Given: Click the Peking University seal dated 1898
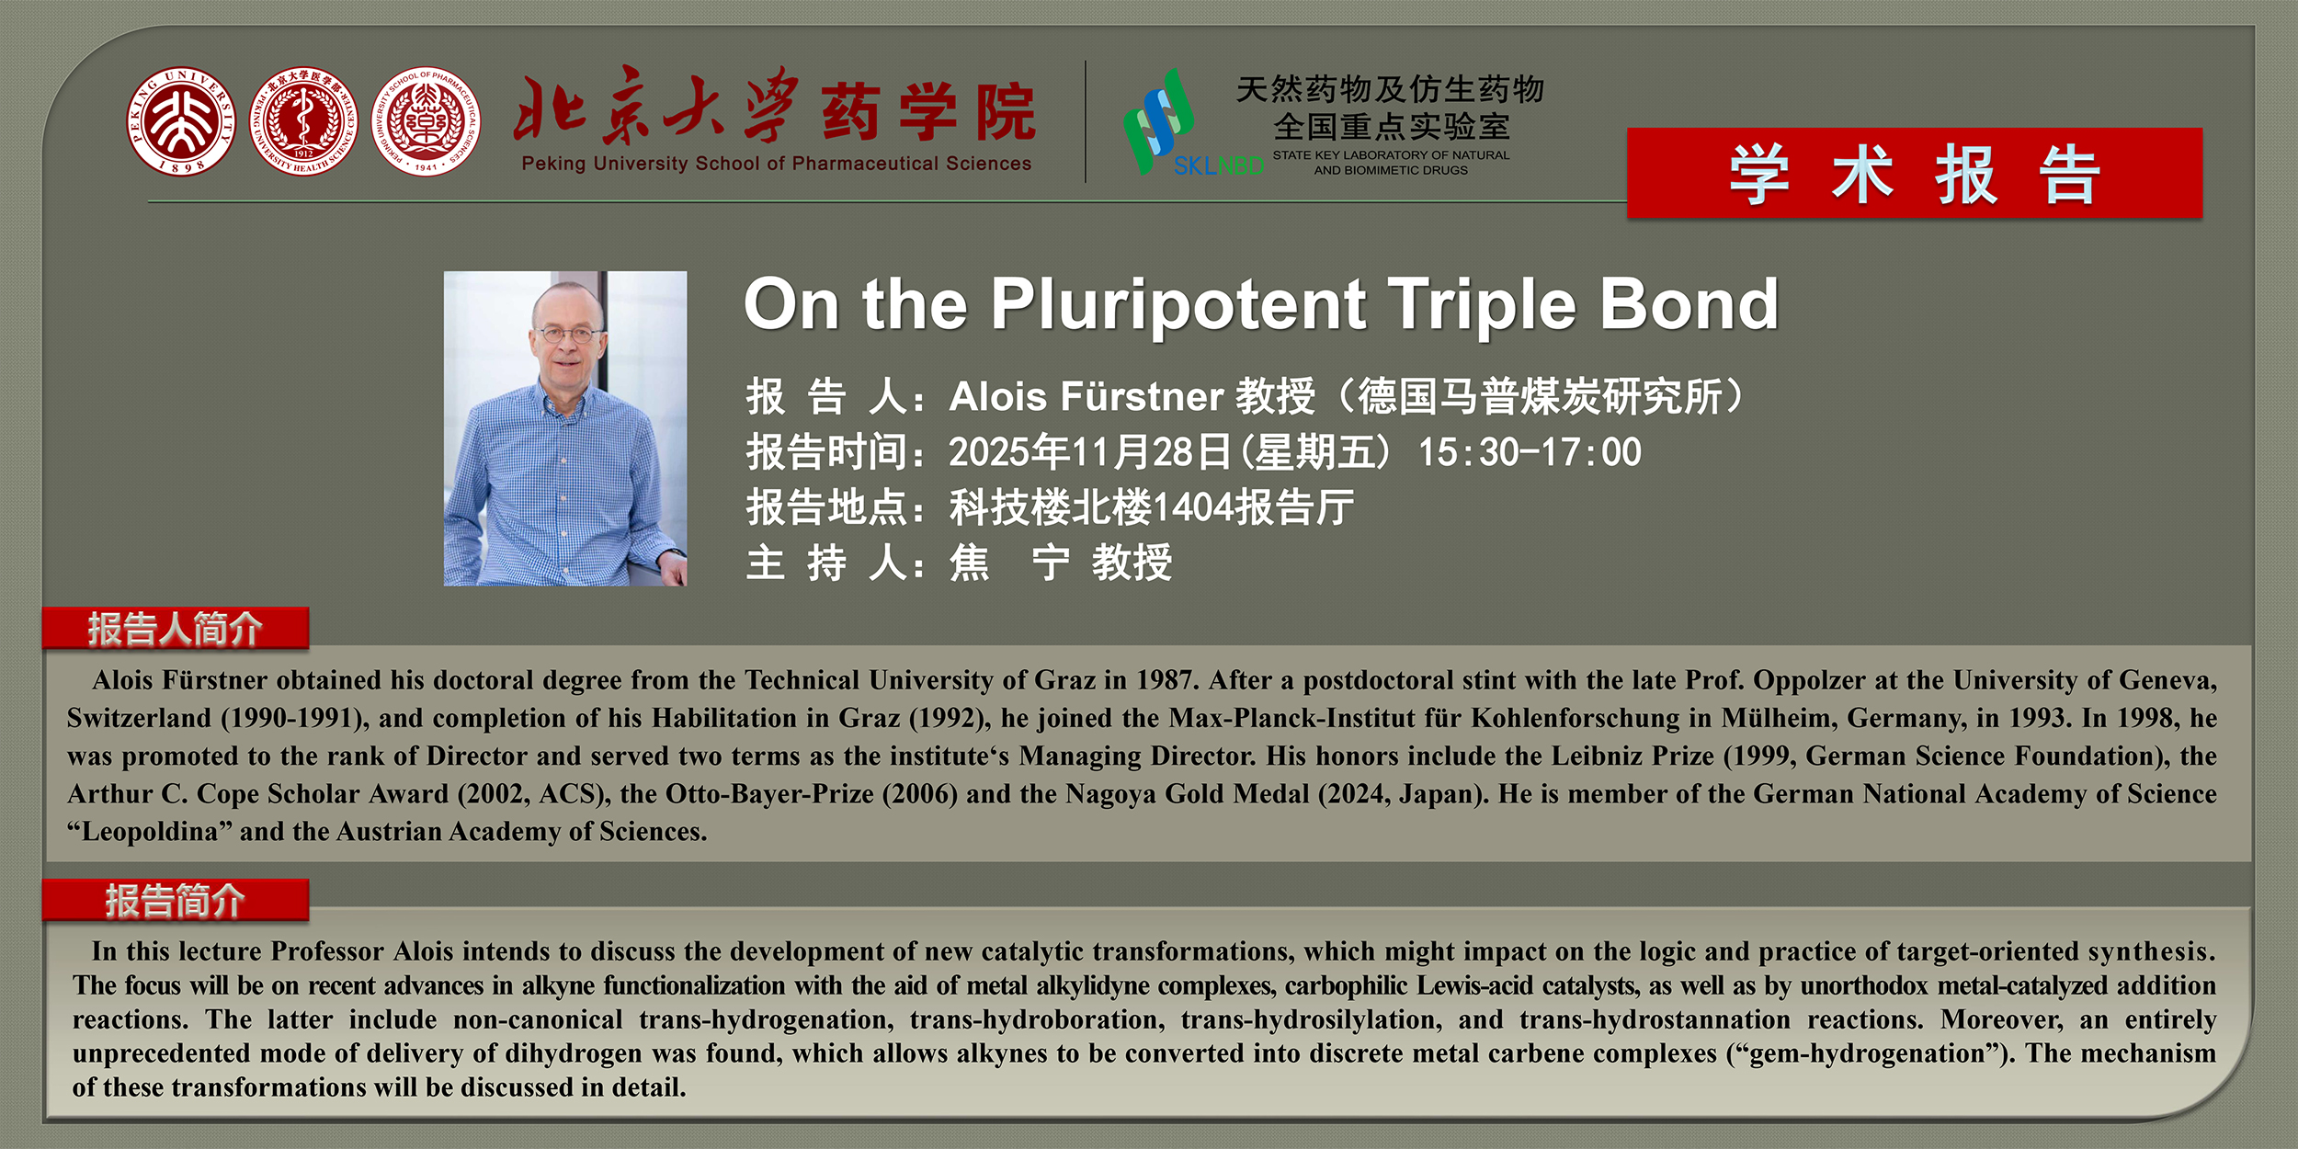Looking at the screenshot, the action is [x=181, y=121].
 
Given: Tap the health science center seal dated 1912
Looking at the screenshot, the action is [x=303, y=121].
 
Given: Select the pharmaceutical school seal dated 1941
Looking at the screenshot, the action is [x=426, y=121].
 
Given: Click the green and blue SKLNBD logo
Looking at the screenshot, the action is [x=1192, y=123].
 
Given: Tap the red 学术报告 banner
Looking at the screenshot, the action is [x=1915, y=173].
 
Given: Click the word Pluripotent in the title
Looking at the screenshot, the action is [x=1178, y=306].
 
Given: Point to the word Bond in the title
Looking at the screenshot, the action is [x=1689, y=304].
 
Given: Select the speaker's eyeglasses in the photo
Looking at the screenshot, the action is [x=569, y=334].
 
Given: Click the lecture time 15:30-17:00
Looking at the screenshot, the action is [x=1530, y=452].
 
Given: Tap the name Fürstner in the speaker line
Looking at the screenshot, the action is [x=1142, y=396].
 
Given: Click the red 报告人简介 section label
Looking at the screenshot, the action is [x=175, y=629].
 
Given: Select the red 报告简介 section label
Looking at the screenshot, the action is [x=175, y=901].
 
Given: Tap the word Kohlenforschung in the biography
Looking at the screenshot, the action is [x=1576, y=718].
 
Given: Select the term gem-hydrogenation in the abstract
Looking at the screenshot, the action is [x=1868, y=1053].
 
